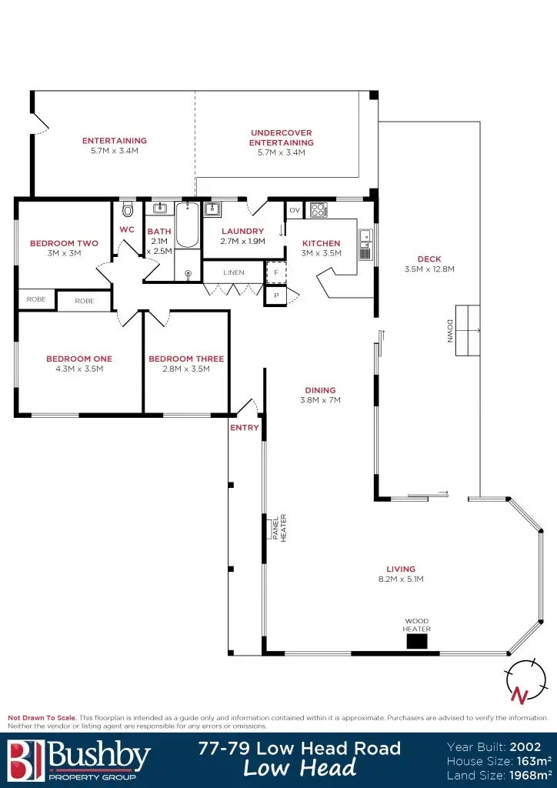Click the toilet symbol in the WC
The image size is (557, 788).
[x=128, y=209]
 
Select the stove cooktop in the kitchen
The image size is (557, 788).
[x=318, y=209]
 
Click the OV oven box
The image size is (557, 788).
[x=294, y=210]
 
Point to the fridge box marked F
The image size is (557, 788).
[x=275, y=272]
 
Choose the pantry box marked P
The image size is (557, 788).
[x=275, y=295]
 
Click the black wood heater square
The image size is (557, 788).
[x=417, y=641]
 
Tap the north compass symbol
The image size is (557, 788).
[x=521, y=681]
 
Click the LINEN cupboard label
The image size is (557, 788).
[x=234, y=272]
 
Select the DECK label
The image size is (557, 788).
[x=429, y=259]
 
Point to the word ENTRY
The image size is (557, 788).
[x=245, y=428]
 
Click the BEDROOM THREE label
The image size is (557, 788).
[x=186, y=359]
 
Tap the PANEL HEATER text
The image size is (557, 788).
[x=278, y=529]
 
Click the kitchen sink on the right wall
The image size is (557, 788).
[x=366, y=244]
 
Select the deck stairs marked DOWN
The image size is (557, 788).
[x=467, y=331]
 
